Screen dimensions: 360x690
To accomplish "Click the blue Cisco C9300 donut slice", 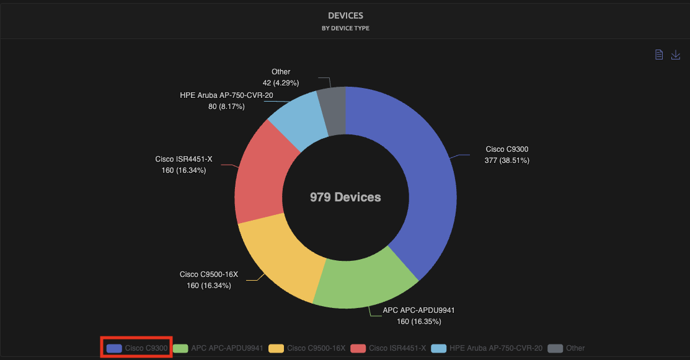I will click(x=422, y=180).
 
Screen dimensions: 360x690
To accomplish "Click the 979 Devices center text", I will click(x=345, y=197).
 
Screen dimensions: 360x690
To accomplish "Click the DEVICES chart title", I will click(x=345, y=15).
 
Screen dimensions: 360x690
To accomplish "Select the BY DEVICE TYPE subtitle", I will click(x=345, y=28).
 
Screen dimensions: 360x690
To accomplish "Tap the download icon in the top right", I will click(x=676, y=55).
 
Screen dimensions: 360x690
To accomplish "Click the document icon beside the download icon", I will click(x=659, y=55).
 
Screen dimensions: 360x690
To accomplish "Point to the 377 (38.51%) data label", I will click(x=506, y=160).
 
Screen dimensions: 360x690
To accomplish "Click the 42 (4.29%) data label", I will click(x=281, y=82).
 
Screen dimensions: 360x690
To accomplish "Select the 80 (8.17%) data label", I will click(x=226, y=107).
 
